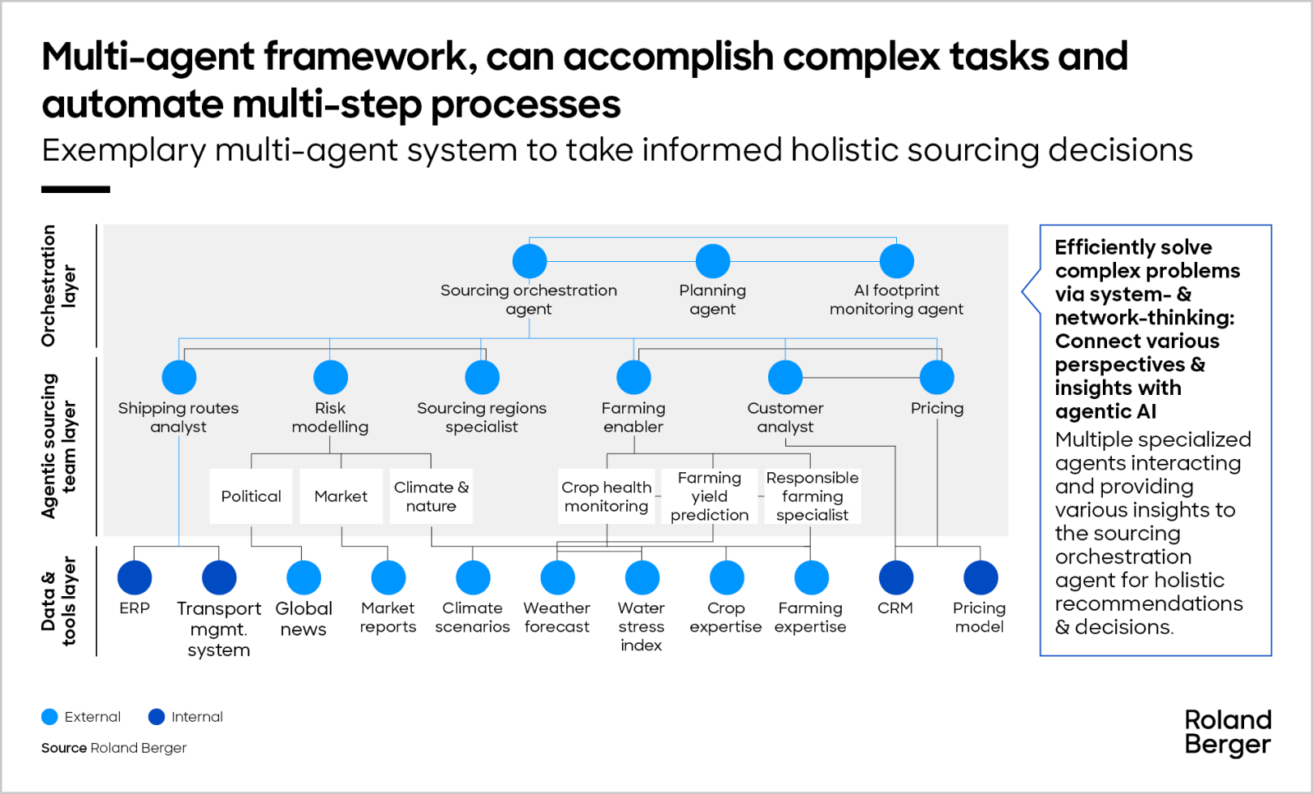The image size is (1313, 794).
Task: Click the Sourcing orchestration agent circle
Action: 529,261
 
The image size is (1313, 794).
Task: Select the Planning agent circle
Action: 712,261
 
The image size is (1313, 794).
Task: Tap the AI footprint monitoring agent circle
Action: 896,261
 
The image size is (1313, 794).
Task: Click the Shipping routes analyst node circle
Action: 179,378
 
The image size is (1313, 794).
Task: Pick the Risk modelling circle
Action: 330,378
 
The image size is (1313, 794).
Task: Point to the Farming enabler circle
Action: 634,378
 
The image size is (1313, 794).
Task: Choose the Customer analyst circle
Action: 785,378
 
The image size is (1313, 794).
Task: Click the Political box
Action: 251,496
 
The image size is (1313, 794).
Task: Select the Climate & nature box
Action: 431,496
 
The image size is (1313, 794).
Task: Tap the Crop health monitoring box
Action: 606,496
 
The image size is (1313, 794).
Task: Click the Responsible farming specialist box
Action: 812,496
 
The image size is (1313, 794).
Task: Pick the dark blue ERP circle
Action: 135,577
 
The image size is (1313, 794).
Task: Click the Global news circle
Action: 304,577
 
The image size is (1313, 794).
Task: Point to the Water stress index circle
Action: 642,577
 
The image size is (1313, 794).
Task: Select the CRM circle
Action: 895,577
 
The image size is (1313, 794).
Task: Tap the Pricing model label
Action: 979,617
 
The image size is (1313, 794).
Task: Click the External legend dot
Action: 50,717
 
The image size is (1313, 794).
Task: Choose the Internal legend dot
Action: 157,717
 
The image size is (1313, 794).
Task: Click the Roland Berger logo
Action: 1228,732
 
